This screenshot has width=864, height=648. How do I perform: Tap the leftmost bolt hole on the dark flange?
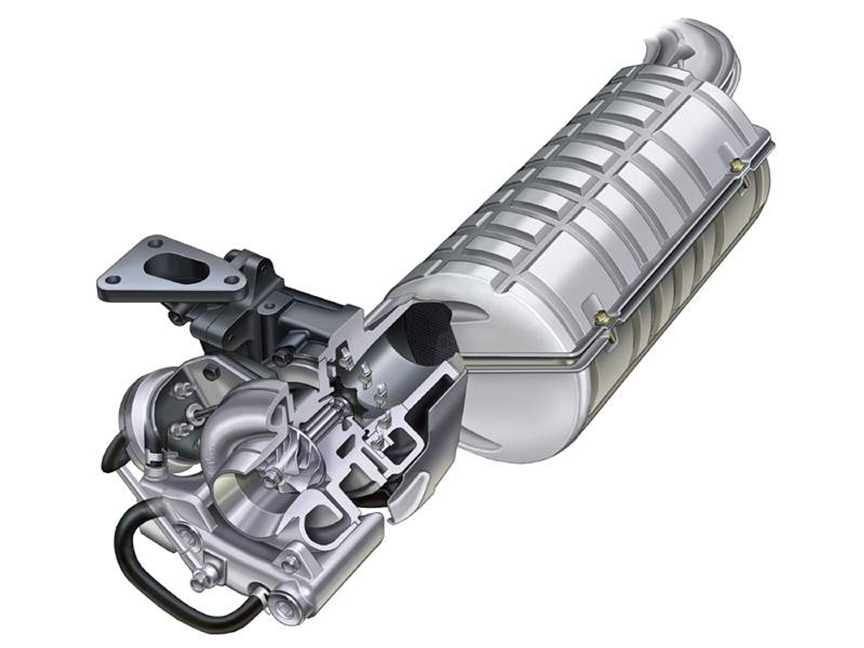click(114, 279)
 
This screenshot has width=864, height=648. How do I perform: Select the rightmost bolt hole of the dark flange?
click(233, 279)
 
